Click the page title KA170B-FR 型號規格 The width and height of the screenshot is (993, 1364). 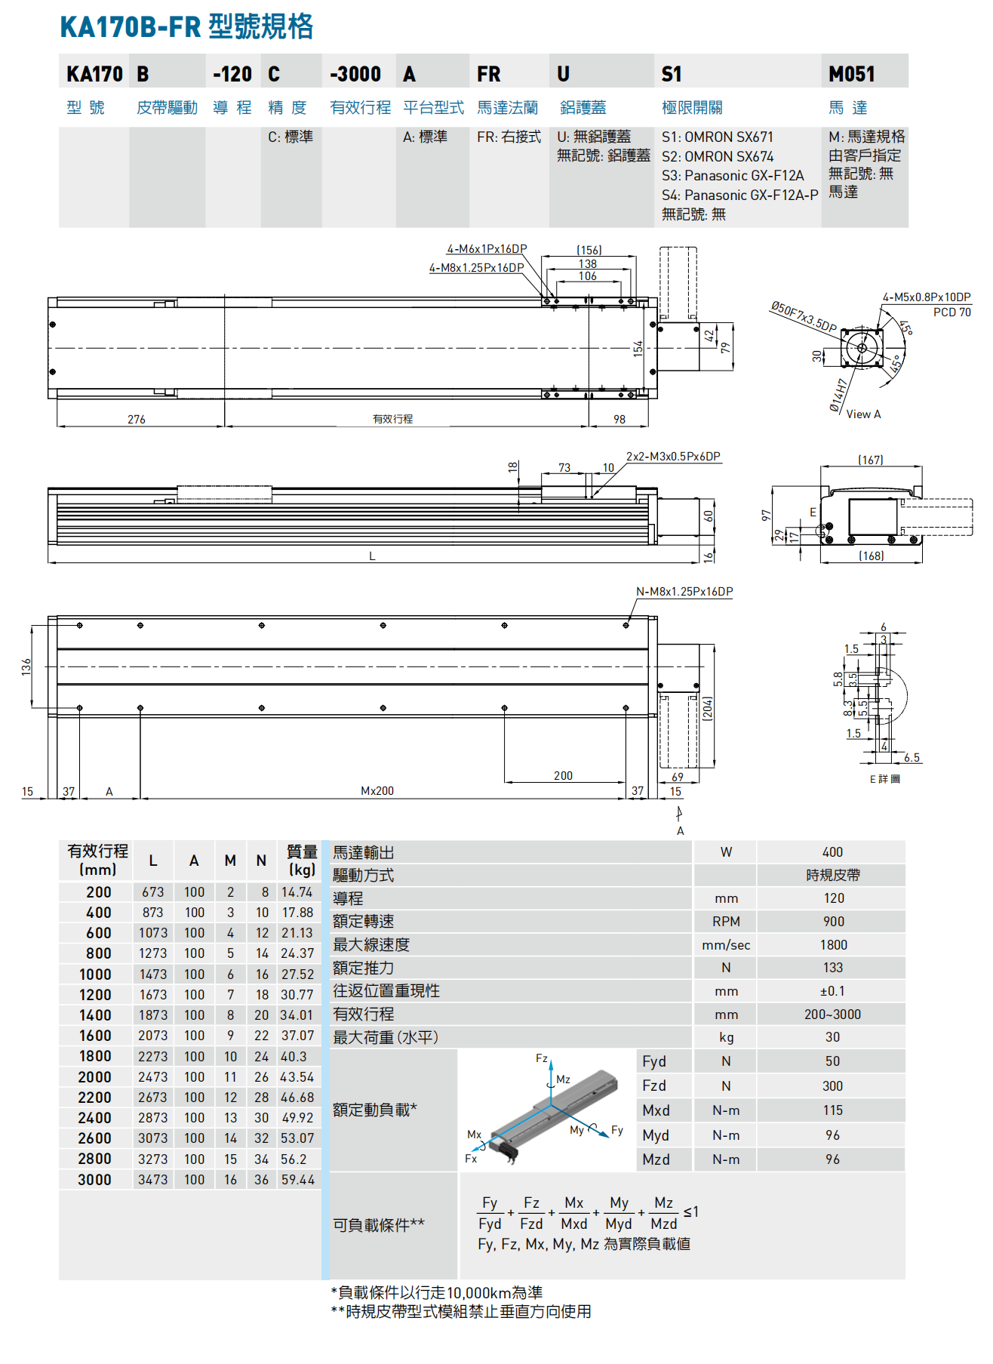click(186, 27)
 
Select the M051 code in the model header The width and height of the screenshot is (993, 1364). click(851, 74)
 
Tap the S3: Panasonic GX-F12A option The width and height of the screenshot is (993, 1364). click(732, 175)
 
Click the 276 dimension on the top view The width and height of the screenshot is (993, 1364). click(137, 419)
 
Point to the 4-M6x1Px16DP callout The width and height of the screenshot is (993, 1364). click(487, 249)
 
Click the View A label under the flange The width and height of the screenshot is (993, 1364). click(863, 414)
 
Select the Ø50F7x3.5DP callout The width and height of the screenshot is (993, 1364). click(803, 317)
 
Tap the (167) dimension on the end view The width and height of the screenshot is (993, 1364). click(870, 460)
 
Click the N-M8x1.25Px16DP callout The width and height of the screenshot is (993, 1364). click(684, 592)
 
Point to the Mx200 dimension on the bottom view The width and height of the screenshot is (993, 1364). click(377, 791)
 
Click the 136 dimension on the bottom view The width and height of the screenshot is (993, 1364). click(26, 667)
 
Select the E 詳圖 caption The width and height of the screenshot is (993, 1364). click(884, 779)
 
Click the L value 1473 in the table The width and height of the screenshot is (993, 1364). click(152, 975)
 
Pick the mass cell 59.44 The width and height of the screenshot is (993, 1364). click(298, 1180)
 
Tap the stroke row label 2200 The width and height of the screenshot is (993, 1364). click(94, 1098)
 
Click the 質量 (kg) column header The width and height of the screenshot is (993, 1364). click(302, 861)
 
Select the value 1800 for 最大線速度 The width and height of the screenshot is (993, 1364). click(833, 945)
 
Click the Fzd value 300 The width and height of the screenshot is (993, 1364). click(832, 1086)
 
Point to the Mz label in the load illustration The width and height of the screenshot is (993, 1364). click(563, 1079)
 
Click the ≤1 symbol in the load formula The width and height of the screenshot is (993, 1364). click(690, 1212)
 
